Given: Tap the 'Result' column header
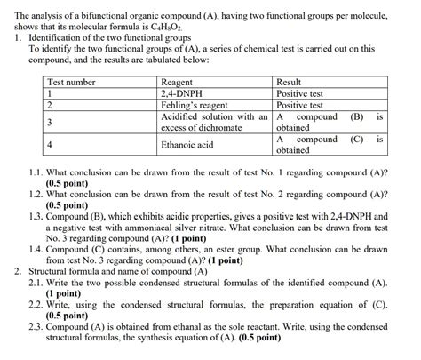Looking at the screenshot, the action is [290, 82].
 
